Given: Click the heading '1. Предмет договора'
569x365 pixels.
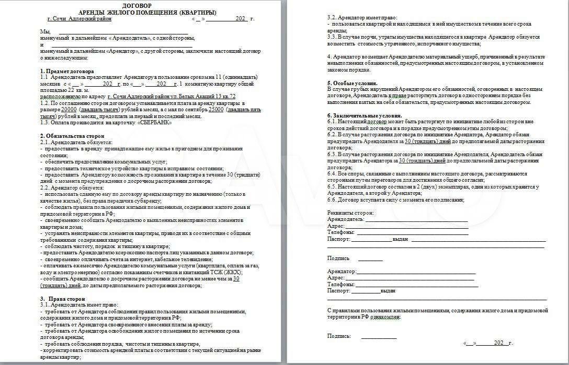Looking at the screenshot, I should point(67,70).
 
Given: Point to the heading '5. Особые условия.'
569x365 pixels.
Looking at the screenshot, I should point(352,83).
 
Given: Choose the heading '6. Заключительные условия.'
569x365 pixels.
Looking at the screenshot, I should point(365,115).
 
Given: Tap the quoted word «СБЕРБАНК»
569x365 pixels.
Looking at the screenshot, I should point(155,123).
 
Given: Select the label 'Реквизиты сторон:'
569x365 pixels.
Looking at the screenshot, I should point(350,213).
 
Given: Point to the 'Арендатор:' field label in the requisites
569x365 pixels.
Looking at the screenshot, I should point(342,272).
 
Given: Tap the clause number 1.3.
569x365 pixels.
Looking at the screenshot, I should point(45,123).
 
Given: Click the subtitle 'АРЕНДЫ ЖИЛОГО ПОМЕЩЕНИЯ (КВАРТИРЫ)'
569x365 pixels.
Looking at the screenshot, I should point(149,11).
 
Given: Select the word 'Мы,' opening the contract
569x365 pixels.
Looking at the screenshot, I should point(45,31).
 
